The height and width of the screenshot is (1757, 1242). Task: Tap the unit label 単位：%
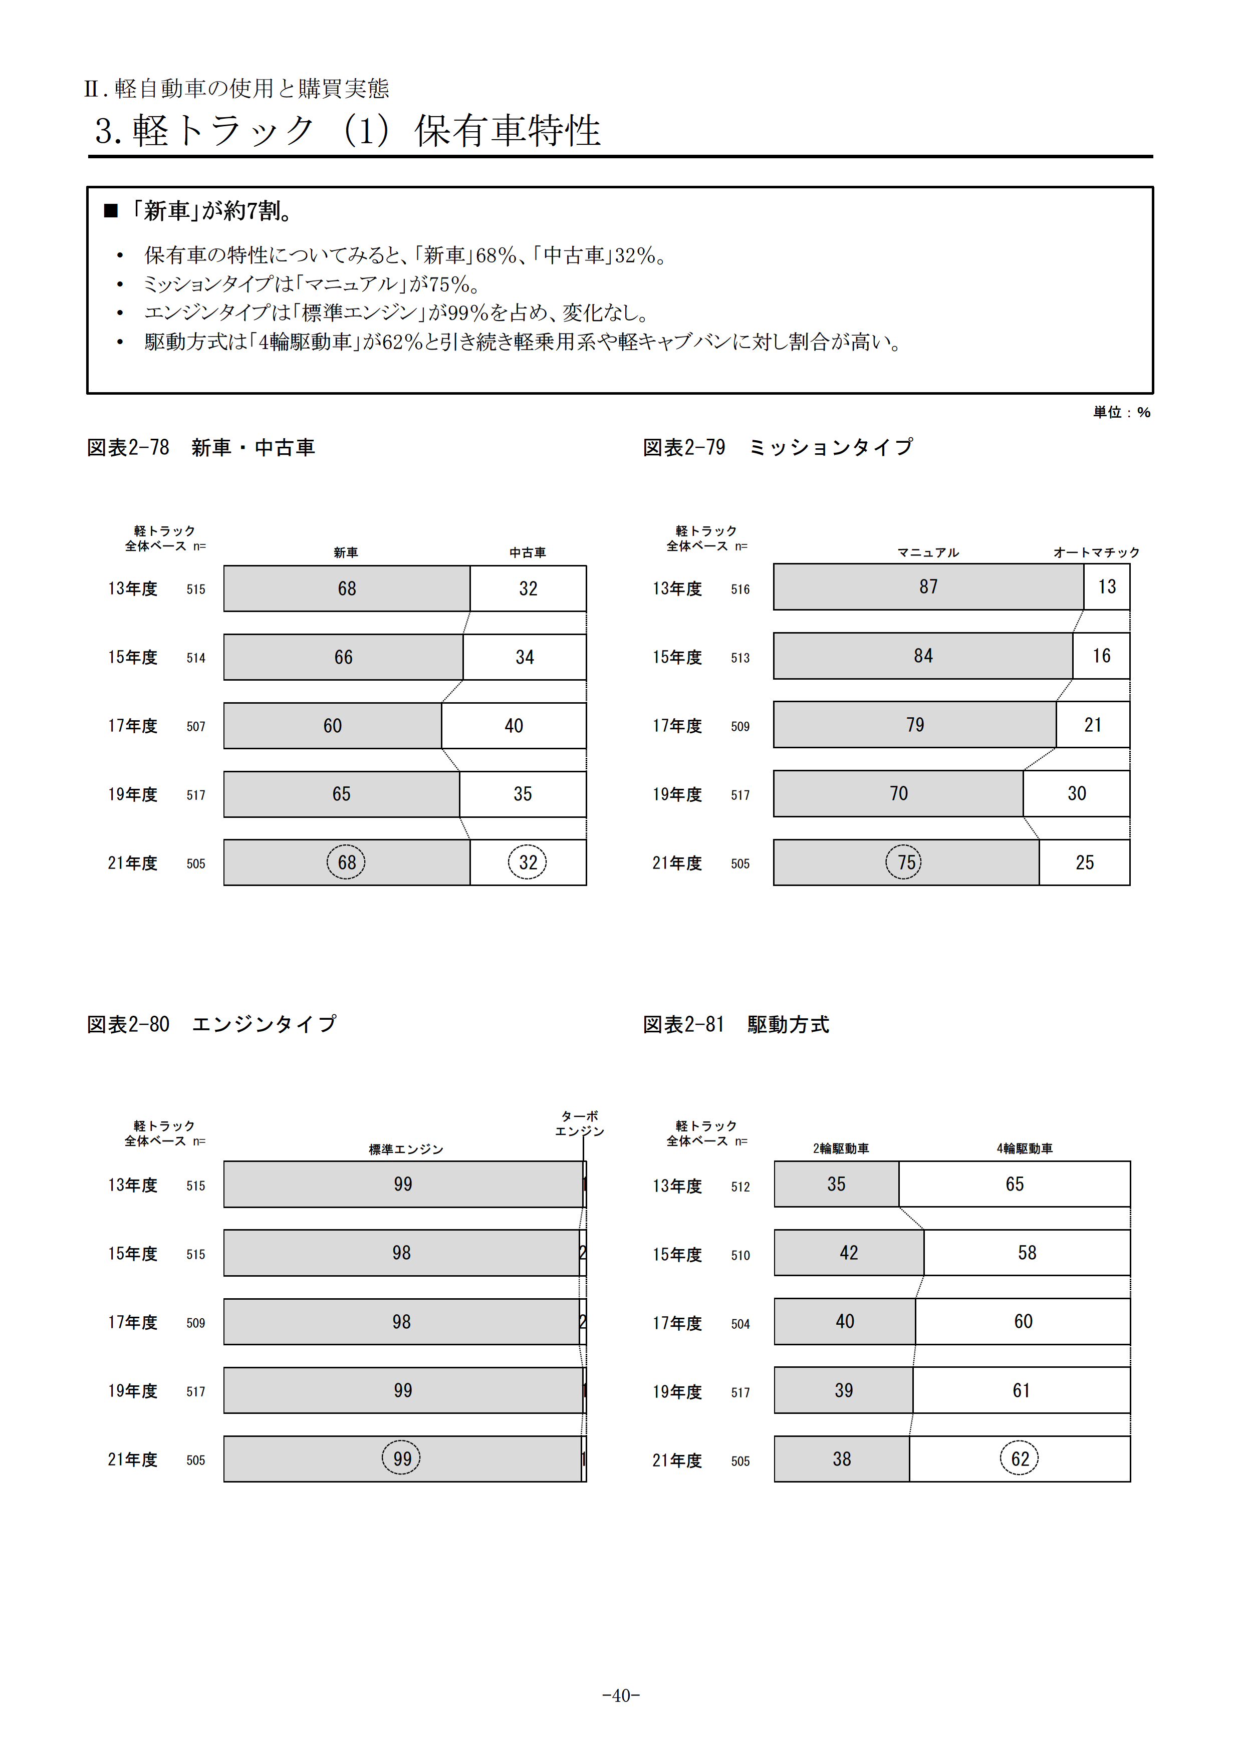1121,413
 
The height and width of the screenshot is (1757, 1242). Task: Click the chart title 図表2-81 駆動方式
735,1025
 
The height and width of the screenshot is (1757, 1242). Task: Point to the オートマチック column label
1096,552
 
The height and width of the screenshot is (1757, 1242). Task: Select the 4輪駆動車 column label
1024,1148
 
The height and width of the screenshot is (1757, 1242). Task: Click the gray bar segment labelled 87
928,587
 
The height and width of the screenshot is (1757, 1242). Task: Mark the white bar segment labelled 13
1107,587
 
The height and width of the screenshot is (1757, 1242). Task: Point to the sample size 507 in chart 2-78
196,726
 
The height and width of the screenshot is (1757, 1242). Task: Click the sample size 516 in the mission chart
740,589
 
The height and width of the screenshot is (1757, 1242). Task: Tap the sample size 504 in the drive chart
740,1324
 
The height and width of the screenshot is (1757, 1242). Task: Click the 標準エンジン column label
406,1149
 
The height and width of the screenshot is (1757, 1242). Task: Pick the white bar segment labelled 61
1021,1390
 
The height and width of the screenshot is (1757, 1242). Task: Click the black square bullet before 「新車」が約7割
111,210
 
